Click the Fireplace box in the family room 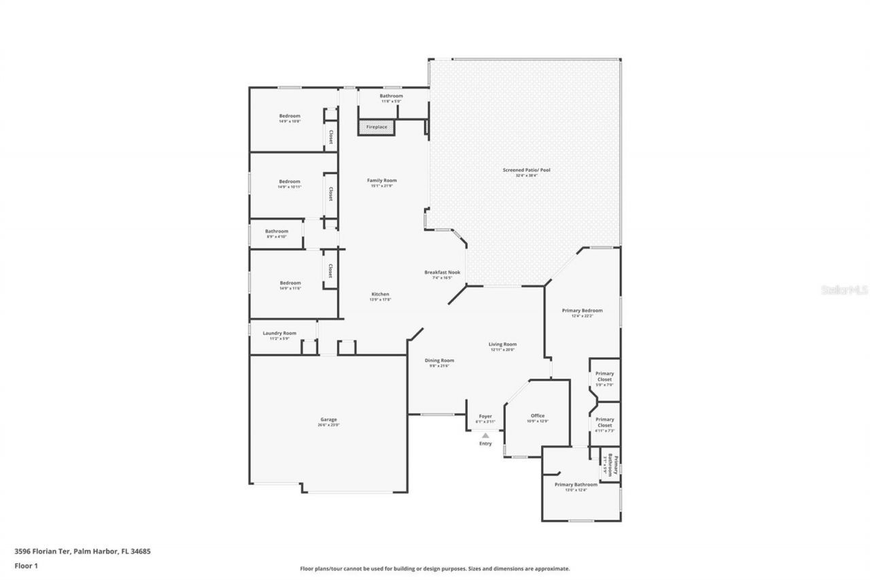point(376,127)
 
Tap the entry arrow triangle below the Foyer point(485,435)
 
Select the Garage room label point(329,420)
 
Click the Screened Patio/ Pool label point(526,169)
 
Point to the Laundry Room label point(279,333)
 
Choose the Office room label point(538,415)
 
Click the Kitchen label point(379,294)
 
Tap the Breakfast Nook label point(442,272)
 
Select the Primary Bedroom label point(582,311)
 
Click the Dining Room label point(440,360)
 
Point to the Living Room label point(503,344)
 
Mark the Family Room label point(382,180)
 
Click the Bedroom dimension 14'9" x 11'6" point(290,288)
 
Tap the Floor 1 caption point(26,565)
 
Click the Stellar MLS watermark point(844,289)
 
